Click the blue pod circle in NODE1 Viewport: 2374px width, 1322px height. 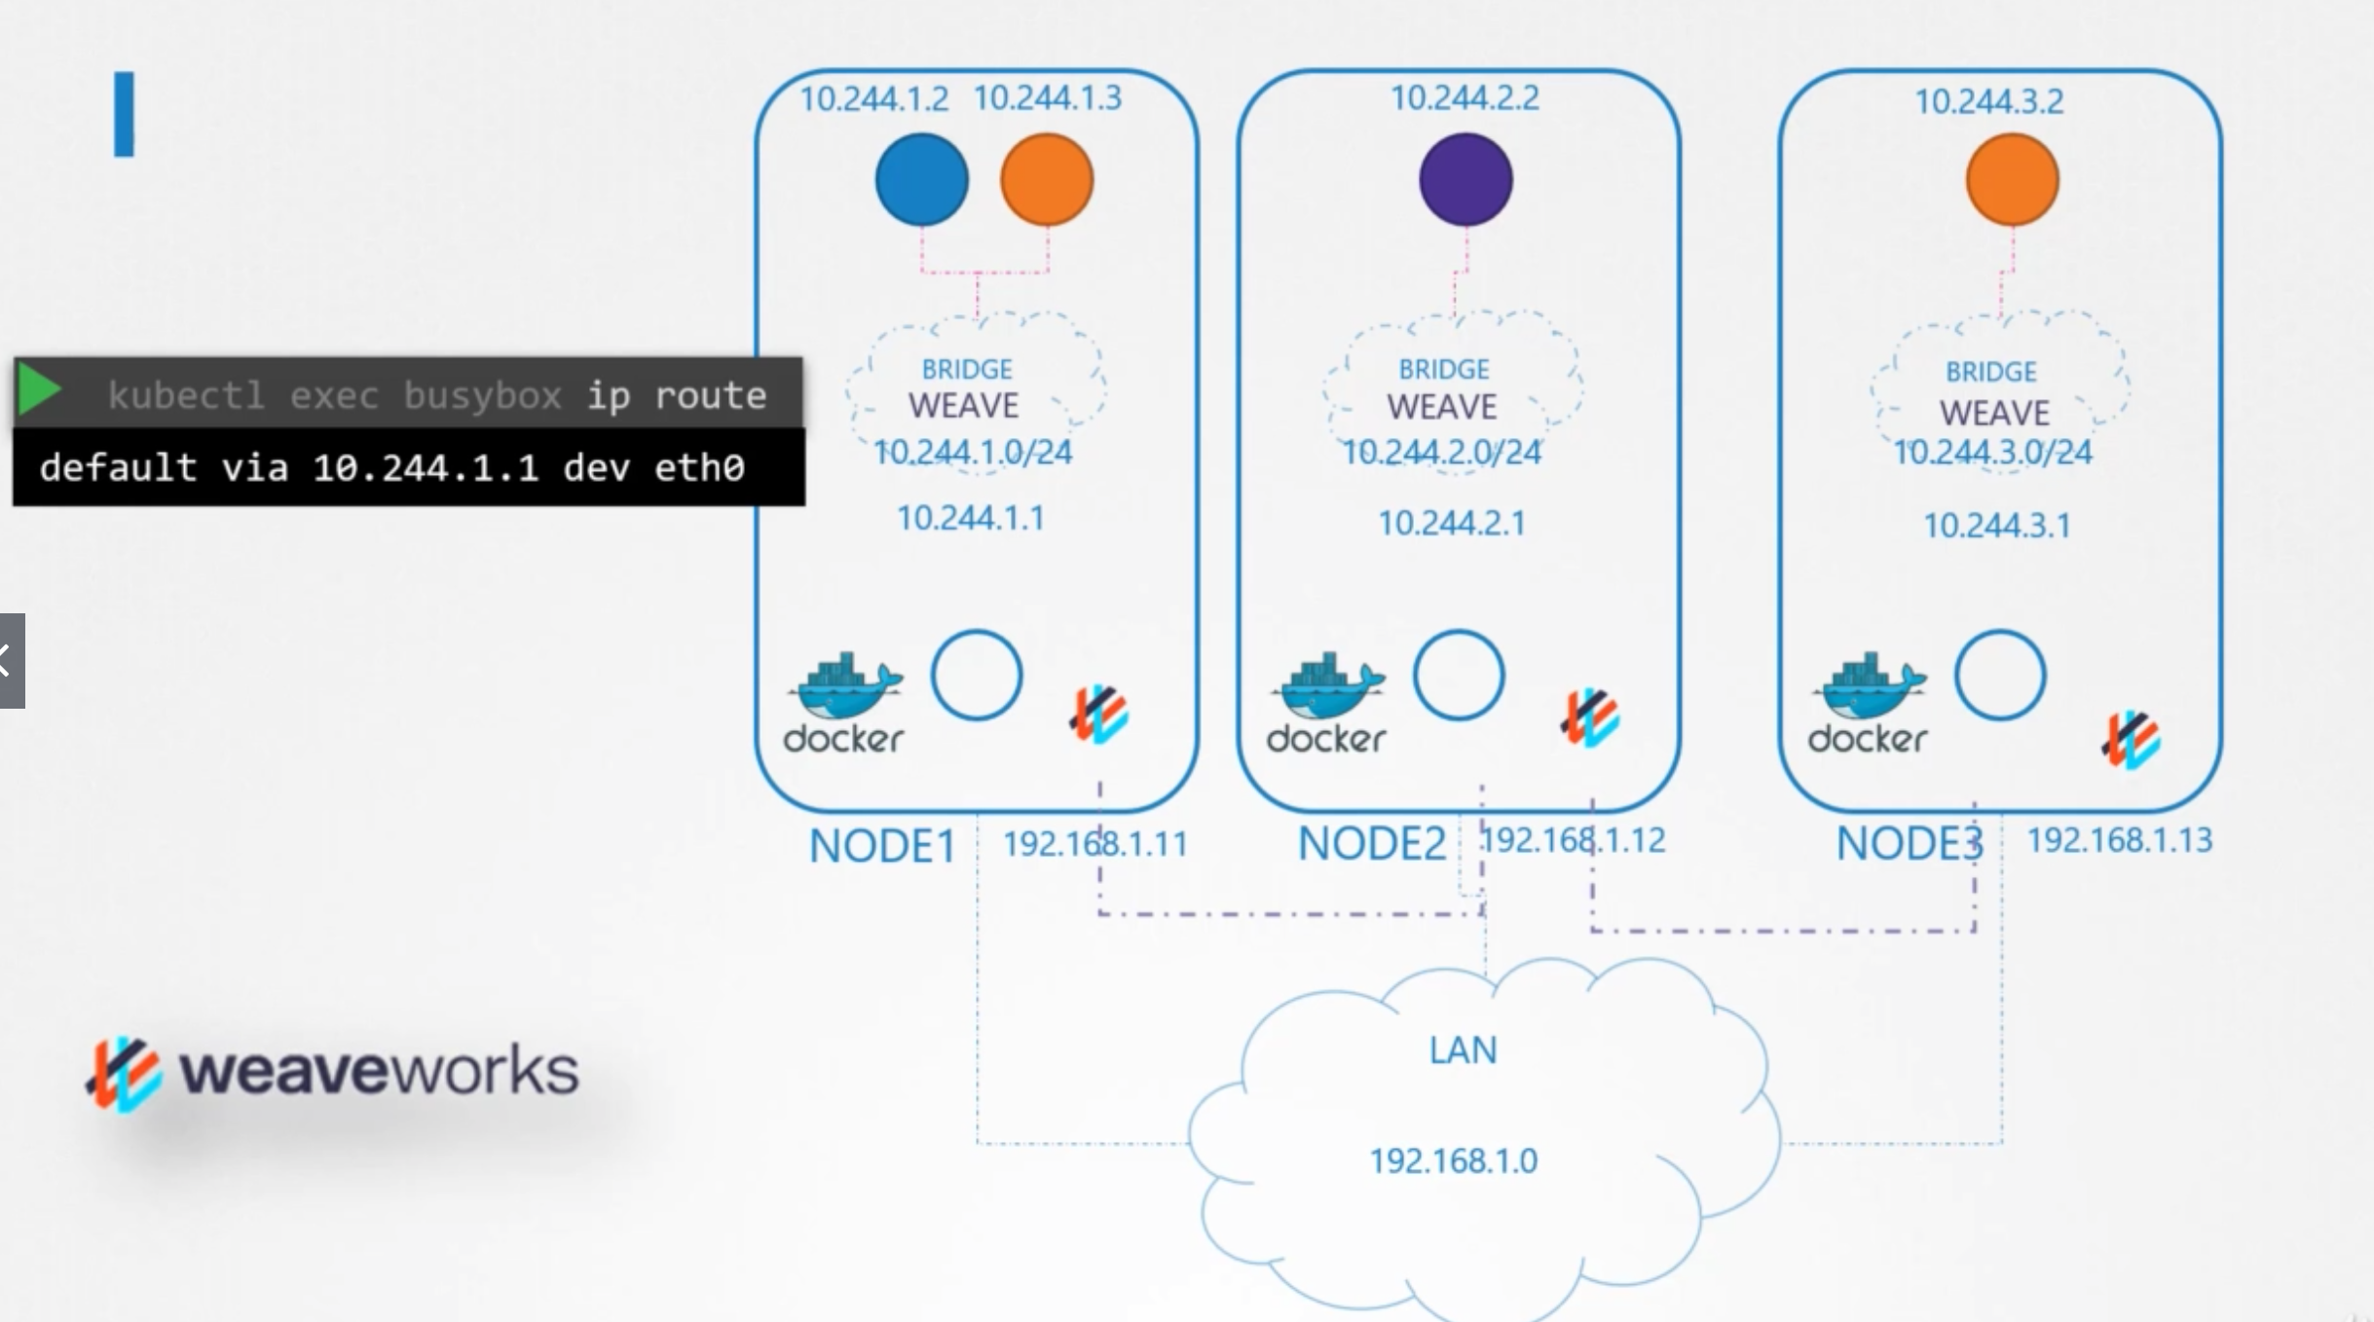[921, 180]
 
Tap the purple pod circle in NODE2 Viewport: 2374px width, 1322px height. [1465, 180]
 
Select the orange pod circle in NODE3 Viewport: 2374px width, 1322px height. [2012, 180]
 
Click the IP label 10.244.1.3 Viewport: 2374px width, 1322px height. [1048, 98]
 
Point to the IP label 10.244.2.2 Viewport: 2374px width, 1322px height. [1465, 98]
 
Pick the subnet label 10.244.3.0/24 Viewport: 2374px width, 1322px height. [1992, 453]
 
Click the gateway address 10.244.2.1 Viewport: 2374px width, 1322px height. [1451, 524]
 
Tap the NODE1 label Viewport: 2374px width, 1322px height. [882, 846]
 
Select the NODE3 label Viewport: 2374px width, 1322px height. [1909, 843]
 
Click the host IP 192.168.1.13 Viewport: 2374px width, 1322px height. [2119, 840]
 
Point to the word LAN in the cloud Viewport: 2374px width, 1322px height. [1463, 1050]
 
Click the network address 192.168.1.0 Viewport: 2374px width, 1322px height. [1454, 1160]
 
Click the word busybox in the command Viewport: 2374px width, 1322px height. [482, 396]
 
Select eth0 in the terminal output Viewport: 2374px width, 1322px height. [699, 468]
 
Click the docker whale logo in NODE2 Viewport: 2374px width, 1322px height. [1326, 685]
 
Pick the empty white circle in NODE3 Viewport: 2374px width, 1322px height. [2000, 675]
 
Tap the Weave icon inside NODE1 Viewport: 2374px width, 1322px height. [1099, 715]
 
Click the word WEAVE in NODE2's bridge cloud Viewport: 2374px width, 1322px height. [1441, 407]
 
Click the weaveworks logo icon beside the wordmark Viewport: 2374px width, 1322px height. [124, 1074]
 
